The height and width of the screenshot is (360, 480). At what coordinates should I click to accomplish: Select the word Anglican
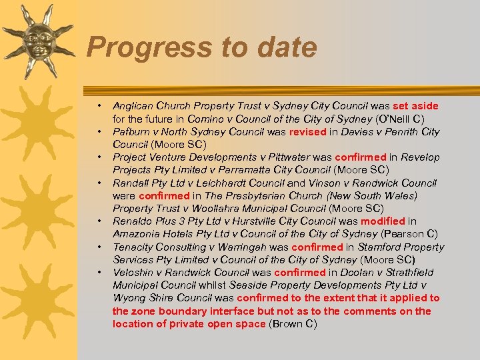pos(132,105)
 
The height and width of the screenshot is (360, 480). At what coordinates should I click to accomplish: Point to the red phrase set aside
pos(416,105)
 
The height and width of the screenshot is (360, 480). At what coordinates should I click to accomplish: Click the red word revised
pos(307,131)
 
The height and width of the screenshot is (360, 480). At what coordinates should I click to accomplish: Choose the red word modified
pos(383,221)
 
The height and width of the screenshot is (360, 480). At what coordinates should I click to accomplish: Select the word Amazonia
pos(135,233)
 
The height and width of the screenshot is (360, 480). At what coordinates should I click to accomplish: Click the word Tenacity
pos(133,247)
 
